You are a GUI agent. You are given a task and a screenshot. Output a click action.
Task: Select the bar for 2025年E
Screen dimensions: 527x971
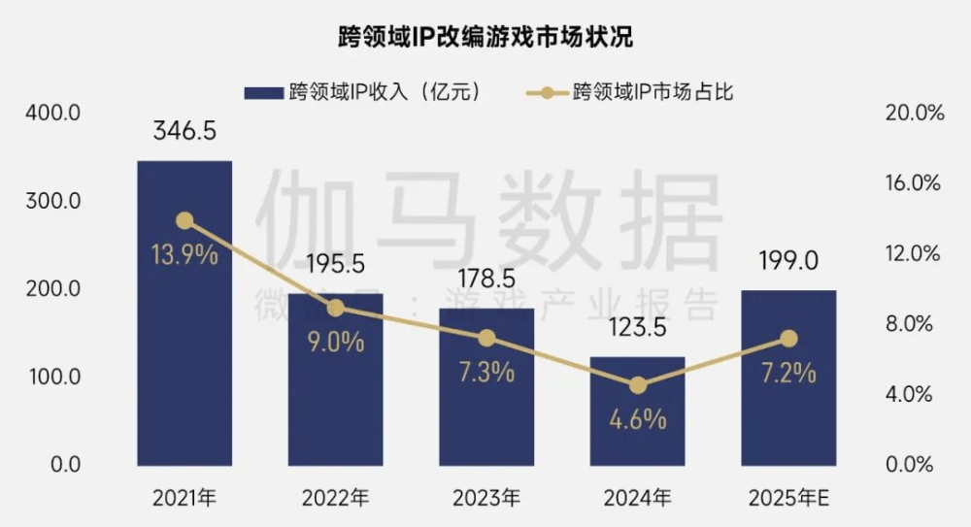[x=787, y=388]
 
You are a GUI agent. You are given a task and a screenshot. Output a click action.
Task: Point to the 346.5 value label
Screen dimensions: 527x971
[x=184, y=132]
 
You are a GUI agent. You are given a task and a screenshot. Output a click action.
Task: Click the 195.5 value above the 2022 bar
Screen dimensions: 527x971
[x=335, y=264]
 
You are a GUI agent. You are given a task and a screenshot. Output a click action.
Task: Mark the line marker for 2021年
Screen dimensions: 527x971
[x=184, y=220]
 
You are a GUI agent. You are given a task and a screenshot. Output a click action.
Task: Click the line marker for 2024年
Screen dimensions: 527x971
[x=637, y=385]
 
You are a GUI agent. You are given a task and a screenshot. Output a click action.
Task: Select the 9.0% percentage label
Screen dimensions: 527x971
[x=335, y=342]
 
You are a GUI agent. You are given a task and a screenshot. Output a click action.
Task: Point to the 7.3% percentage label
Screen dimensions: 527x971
[x=485, y=372]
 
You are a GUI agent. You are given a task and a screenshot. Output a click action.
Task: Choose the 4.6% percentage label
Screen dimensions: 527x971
[x=637, y=419]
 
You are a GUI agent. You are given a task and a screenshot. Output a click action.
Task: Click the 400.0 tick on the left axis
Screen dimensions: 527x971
[x=52, y=114]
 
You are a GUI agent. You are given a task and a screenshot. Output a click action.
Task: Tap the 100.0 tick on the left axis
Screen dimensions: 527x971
[x=52, y=377]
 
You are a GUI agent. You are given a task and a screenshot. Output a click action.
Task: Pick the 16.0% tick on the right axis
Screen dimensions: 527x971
[x=915, y=183]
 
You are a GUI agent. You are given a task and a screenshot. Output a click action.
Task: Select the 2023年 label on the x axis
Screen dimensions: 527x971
[x=485, y=499]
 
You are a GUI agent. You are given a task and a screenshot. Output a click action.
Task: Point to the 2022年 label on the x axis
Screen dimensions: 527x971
[x=335, y=499]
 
